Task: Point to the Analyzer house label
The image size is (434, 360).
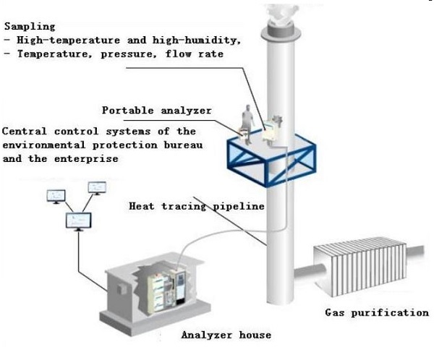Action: coord(226,335)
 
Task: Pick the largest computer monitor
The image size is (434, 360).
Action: coord(78,219)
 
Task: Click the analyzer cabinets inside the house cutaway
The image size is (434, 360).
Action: coord(168,285)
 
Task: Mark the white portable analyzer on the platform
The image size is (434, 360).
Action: coord(269,129)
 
